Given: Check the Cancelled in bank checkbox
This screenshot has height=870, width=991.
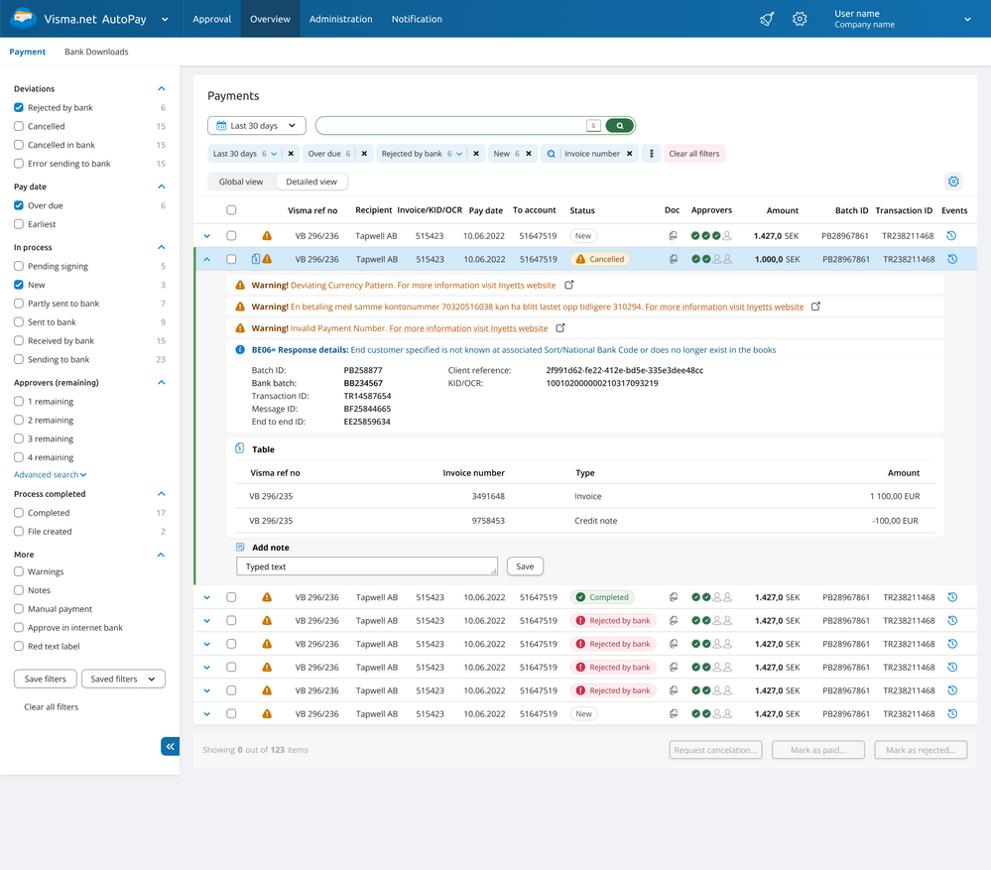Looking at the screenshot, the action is tap(19, 145).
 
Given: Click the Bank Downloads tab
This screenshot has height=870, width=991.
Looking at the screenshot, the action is tap(96, 52).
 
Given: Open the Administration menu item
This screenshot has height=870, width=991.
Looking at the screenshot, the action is tap(340, 19).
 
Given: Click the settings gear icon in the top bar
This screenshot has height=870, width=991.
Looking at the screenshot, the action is tap(800, 19).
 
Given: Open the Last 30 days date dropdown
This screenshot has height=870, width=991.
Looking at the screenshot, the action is tap(257, 126).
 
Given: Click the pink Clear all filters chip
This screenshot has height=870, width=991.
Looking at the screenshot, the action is tap(694, 154).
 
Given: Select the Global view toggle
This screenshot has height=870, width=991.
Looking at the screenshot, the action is tap(241, 182).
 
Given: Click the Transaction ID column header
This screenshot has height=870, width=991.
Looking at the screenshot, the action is tap(904, 210).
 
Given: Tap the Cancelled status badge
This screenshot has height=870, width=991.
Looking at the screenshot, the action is tap(600, 259).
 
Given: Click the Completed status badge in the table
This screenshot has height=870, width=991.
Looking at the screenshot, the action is tap(602, 597).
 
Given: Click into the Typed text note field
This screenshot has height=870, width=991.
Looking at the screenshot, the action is tap(367, 566).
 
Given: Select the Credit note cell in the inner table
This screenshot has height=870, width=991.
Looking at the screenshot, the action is tap(596, 521).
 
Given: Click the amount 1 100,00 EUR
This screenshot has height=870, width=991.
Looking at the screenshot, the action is tap(895, 497).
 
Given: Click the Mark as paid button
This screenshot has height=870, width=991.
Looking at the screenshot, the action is tap(817, 750).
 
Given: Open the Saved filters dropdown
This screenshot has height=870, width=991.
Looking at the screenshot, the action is tap(123, 680).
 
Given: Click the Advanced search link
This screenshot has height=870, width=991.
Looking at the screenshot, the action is tap(50, 474).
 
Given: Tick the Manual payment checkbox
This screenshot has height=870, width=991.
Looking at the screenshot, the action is tap(19, 609).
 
